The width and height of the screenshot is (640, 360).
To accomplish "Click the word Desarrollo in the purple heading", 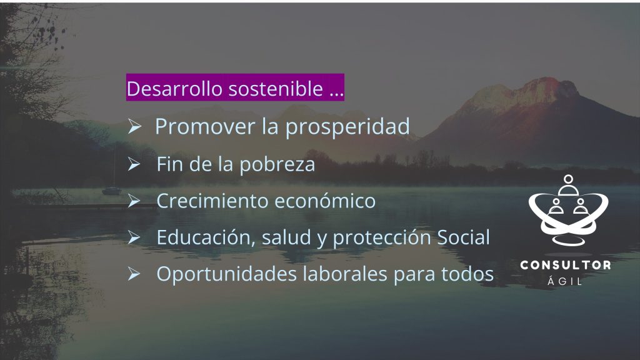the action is pos(174,88).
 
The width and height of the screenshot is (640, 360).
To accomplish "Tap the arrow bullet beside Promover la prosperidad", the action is pos(134,126).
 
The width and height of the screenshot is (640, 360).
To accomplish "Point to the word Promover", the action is pos(205,126).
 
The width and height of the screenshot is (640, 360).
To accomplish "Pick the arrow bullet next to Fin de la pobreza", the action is pos(134,164).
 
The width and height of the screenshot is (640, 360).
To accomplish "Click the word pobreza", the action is pos(277,165).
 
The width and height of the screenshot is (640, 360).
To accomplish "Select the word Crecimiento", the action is pos(212,201).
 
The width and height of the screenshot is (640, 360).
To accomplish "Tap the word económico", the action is pos(325,201).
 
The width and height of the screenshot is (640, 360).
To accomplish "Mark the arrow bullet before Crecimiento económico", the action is pos(134,201).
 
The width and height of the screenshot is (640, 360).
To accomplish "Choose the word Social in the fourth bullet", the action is pos(464,237).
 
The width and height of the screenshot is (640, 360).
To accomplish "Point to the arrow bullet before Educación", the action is pos(134,237).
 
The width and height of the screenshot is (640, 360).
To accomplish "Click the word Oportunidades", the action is pos(226,274).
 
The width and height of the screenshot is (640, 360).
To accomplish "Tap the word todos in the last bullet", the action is pos(467,274).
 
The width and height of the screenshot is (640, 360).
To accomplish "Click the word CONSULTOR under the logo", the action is pos(566,265).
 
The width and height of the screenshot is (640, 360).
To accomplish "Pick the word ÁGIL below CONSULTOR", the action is pos(565,281).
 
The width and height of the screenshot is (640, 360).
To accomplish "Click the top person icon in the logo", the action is pos(568,185).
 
